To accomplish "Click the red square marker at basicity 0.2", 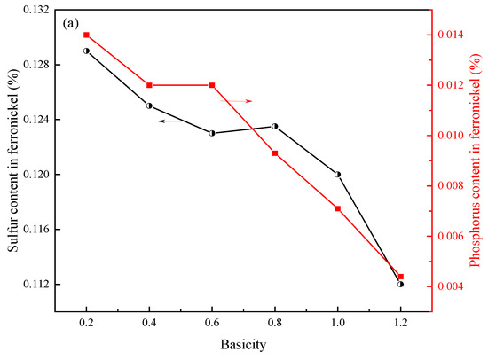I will [x=86, y=35].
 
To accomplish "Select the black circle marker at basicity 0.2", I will [x=86, y=51].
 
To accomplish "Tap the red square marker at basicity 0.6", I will [x=212, y=85].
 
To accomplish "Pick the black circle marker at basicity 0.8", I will [x=275, y=126].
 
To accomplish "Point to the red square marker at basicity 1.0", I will [x=338, y=208].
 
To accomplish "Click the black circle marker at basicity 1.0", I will [x=338, y=174].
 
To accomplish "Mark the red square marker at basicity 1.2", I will [x=401, y=277].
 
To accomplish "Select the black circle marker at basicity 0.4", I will [x=149, y=106].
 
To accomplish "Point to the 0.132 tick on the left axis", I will [x=37, y=10].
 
